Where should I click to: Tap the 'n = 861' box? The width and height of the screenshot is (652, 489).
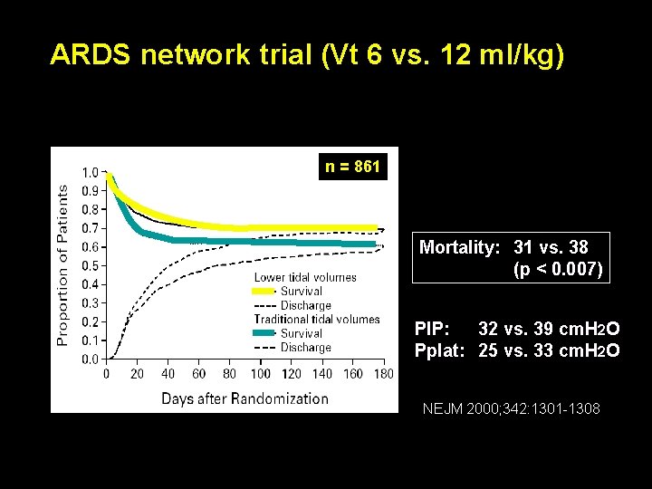[x=353, y=167]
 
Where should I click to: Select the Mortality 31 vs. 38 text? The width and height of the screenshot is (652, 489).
[x=504, y=246]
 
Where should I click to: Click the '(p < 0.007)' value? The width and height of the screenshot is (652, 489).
[x=557, y=269]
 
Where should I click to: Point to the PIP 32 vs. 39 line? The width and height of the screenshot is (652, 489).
[x=517, y=328]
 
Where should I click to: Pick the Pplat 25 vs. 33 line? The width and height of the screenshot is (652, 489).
[x=517, y=350]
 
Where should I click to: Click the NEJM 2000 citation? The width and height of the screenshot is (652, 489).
[x=511, y=409]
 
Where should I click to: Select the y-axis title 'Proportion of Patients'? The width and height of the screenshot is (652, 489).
[x=62, y=265]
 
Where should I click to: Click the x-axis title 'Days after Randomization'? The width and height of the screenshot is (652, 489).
[x=244, y=398]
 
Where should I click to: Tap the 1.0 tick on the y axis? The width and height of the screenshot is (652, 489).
[x=91, y=172]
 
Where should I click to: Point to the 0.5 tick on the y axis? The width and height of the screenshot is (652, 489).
[x=91, y=265]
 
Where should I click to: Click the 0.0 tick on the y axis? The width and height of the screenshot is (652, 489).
[x=91, y=359]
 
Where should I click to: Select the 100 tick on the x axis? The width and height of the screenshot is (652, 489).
[x=260, y=373]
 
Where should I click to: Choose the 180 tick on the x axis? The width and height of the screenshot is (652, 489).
[x=383, y=373]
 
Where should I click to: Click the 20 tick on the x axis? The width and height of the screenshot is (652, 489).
[x=138, y=373]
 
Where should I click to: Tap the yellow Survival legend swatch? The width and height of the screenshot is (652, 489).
[x=264, y=292]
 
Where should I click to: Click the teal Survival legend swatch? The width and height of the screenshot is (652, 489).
[x=264, y=333]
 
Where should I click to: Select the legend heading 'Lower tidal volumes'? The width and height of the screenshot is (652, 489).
[x=305, y=277]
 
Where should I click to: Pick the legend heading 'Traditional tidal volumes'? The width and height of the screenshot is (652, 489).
[x=317, y=319]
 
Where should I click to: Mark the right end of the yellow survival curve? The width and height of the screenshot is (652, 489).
[x=374, y=228]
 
